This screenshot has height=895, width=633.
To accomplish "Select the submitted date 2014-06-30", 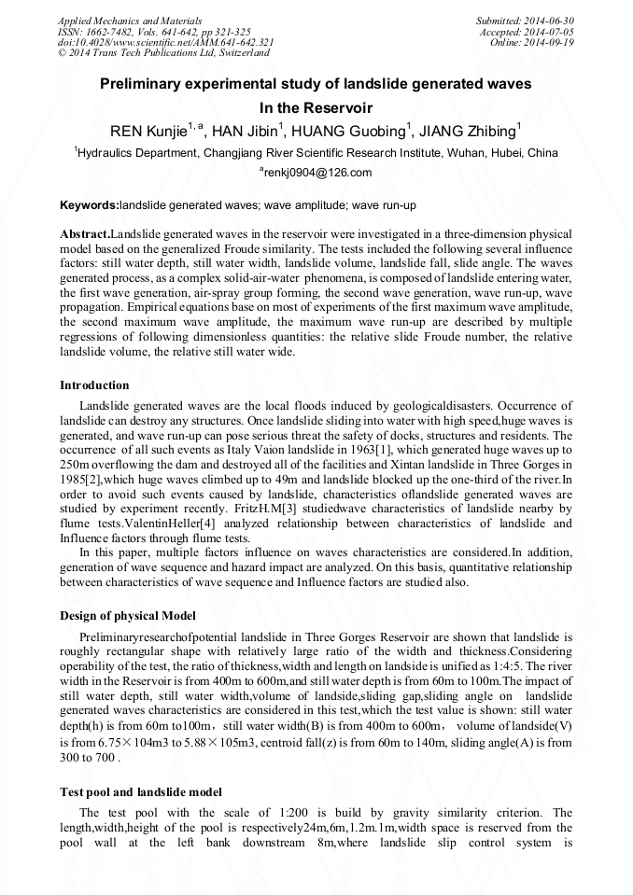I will click(x=549, y=21).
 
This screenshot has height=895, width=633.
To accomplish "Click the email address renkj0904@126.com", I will click(x=318, y=173).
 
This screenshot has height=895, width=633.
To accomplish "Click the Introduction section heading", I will click(x=94, y=385).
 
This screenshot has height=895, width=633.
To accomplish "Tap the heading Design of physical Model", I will click(x=128, y=616).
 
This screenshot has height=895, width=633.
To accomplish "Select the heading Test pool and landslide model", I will click(x=141, y=792).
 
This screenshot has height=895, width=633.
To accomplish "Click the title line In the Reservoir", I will click(x=316, y=108).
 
